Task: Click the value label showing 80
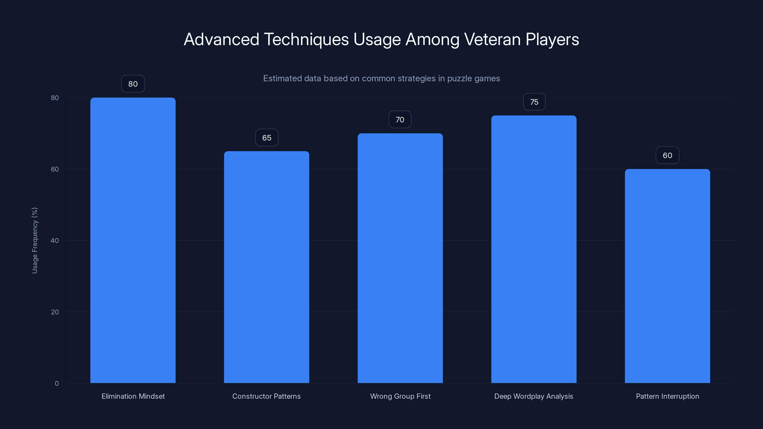coord(133,84)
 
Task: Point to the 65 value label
coord(267,138)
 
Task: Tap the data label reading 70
coord(400,120)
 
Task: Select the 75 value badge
coord(534,102)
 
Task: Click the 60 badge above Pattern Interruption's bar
coord(667,155)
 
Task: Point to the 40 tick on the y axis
coord(55,240)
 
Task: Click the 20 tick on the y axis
coord(55,312)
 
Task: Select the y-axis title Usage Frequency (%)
coord(35,240)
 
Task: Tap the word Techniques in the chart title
coord(306,39)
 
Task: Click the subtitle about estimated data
coord(381,78)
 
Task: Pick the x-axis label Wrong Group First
coord(400,396)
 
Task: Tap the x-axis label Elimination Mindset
coord(133,396)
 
